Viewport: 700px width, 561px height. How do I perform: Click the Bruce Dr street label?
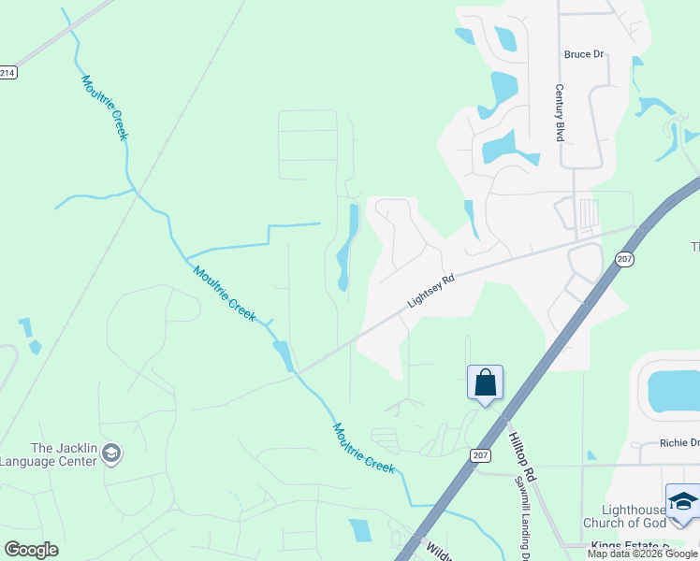584,54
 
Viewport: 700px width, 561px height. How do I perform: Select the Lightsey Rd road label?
430,291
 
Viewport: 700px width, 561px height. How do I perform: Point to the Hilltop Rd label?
521,437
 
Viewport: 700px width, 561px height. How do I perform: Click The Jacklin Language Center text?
49,454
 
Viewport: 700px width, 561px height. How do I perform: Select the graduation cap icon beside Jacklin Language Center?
111,454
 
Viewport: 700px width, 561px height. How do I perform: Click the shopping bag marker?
485,382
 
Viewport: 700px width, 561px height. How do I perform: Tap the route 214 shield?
7,72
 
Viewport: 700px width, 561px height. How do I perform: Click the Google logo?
31,549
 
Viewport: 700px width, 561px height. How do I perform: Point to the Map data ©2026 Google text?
643,554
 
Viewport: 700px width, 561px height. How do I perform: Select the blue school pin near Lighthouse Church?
683,503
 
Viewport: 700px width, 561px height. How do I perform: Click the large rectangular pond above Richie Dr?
673,389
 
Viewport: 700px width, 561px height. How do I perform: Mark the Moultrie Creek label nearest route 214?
105,108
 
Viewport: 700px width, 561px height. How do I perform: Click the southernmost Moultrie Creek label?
364,448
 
